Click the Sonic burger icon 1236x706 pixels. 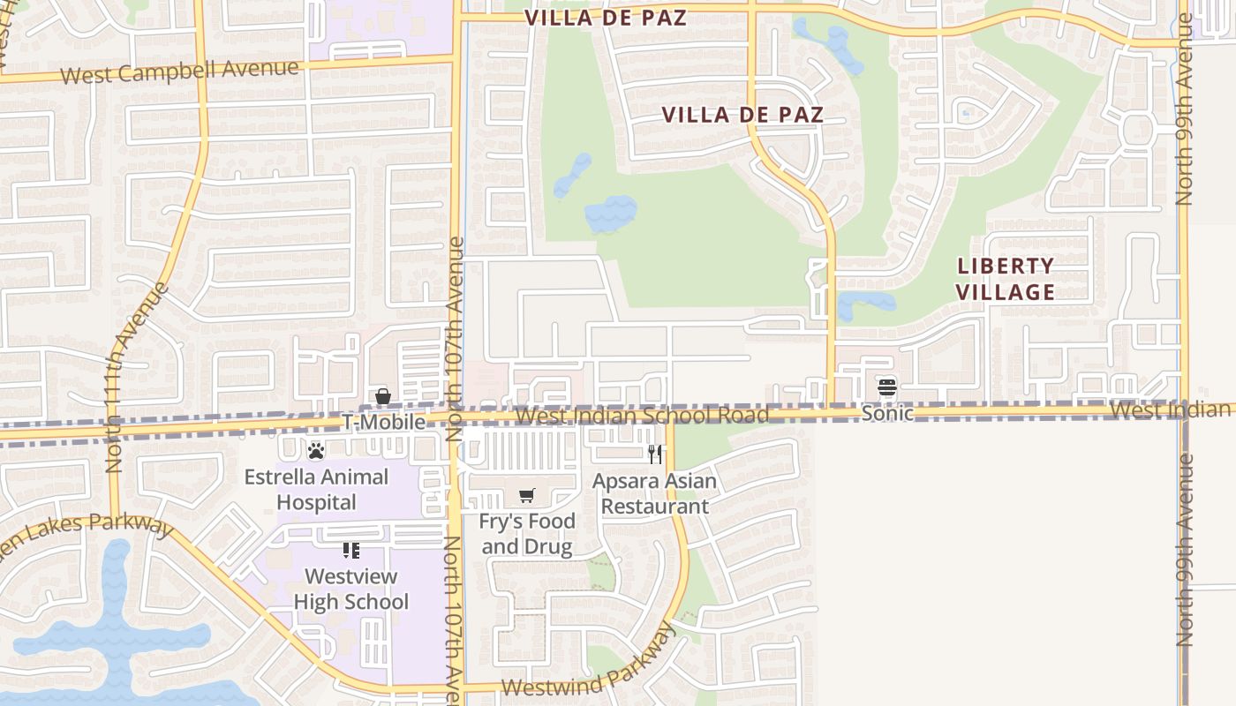point(887,387)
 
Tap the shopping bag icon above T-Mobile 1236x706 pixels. point(383,397)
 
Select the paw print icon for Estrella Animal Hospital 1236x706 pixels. point(316,451)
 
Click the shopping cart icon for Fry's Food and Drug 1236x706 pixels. point(527,495)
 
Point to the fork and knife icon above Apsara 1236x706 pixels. point(655,454)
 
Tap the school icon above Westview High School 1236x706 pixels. point(351,551)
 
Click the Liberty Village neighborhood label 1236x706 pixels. point(1006,279)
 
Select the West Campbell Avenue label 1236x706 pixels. point(180,71)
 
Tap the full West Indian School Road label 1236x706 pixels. point(642,415)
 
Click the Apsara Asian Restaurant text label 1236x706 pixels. point(654,494)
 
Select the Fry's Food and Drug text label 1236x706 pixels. point(527,534)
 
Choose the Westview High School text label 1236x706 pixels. point(351,590)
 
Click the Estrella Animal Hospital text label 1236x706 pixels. point(316,490)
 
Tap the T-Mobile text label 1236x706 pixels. point(384,423)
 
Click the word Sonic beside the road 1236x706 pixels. point(887,412)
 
